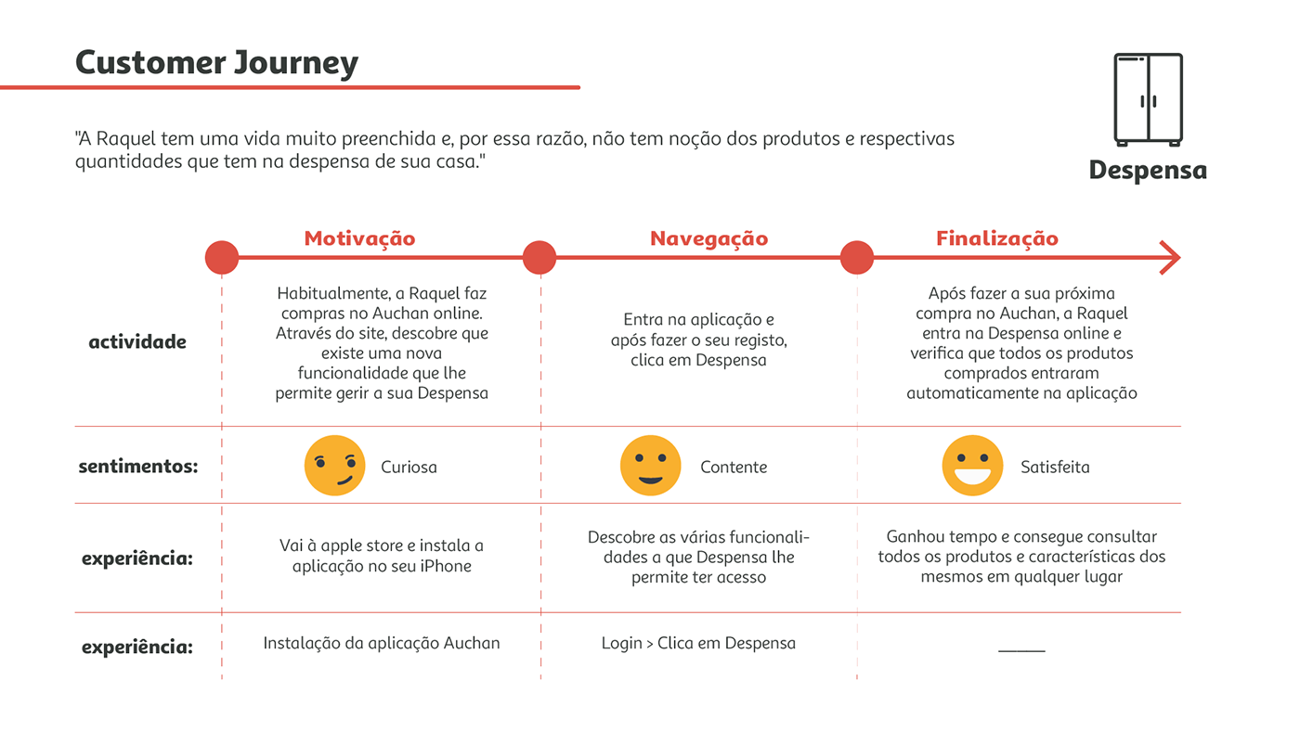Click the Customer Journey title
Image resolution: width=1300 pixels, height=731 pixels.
click(x=216, y=62)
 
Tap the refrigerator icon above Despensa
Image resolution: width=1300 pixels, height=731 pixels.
click(x=1148, y=99)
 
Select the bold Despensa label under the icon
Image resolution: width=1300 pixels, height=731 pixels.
click(x=1148, y=171)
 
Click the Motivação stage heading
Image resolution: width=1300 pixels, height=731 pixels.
click(x=360, y=238)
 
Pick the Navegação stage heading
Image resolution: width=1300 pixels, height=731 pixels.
click(x=708, y=238)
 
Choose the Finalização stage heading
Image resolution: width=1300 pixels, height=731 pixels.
click(x=997, y=238)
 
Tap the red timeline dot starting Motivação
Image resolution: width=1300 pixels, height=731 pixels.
click(x=222, y=257)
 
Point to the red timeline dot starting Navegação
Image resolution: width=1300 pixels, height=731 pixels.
click(x=539, y=257)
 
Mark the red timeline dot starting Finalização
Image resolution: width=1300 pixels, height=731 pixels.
click(x=856, y=257)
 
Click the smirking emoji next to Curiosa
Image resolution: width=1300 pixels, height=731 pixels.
click(x=335, y=466)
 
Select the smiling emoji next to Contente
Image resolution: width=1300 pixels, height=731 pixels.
click(x=651, y=466)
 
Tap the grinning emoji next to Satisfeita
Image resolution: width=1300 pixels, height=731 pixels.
click(x=973, y=466)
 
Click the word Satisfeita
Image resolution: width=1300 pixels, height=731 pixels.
click(x=1055, y=467)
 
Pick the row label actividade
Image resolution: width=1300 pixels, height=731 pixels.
click(x=137, y=342)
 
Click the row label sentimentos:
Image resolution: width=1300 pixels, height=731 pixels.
click(x=138, y=466)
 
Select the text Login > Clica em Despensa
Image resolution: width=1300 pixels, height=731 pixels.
click(x=698, y=643)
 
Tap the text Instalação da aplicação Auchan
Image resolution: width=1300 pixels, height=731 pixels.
click(x=382, y=643)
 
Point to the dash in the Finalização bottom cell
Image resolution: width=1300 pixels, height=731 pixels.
click(x=1021, y=651)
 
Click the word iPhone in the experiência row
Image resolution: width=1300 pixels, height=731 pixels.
click(x=446, y=566)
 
